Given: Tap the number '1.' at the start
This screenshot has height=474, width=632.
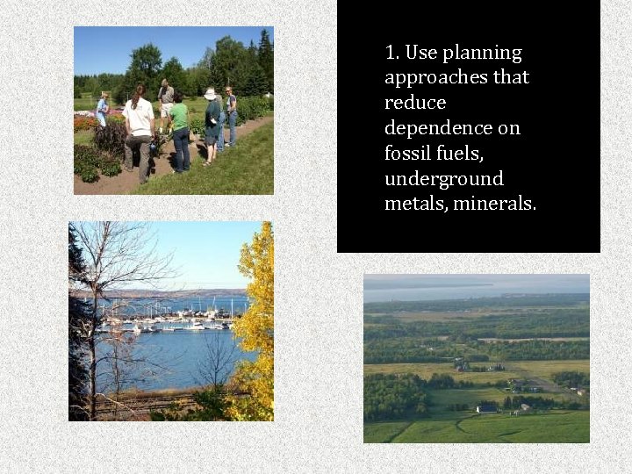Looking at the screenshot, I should coord(392,53).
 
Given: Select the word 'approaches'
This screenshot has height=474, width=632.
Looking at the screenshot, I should coord(436,78).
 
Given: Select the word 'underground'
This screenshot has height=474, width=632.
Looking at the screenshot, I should coord(443,179).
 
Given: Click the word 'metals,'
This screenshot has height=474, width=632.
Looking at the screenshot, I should coord(415,205).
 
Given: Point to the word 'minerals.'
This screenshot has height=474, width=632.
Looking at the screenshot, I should coord(494,205).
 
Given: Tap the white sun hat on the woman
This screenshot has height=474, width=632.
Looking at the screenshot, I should coord(210,94).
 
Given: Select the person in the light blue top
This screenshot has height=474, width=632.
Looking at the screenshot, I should coord(102,110).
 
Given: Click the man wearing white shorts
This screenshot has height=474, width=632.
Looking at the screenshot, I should coord(165,105).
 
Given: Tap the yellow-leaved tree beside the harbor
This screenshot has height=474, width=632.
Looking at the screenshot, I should coord(255,325).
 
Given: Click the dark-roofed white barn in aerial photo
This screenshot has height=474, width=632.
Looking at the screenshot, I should coord(486,408).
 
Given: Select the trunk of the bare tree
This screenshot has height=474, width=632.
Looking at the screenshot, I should coord(93,369).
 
